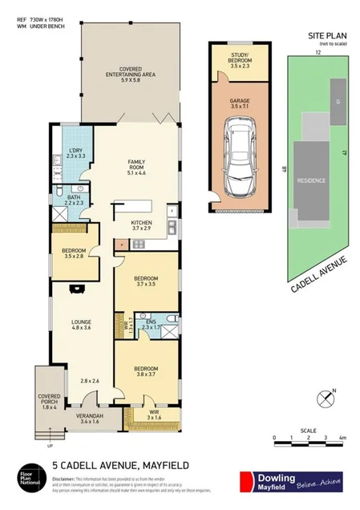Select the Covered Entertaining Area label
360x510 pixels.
pyautogui.click(x=131, y=74)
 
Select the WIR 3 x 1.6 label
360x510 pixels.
pyautogui.click(x=153, y=414)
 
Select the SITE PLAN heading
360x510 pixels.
pyautogui.click(x=327, y=35)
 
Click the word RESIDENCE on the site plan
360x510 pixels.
pyautogui.click(x=311, y=180)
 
